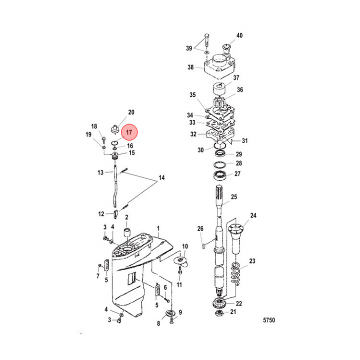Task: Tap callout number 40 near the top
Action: [239, 35]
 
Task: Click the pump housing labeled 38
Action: [218, 65]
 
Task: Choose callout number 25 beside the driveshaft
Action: [234, 197]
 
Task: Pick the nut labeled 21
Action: [219, 313]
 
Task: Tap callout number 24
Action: [253, 216]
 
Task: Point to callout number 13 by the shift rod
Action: [100, 172]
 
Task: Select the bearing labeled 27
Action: [219, 175]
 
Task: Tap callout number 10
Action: [185, 246]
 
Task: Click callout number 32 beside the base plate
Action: [193, 134]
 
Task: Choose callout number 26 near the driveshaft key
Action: [200, 229]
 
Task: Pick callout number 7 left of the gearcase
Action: [98, 275]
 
